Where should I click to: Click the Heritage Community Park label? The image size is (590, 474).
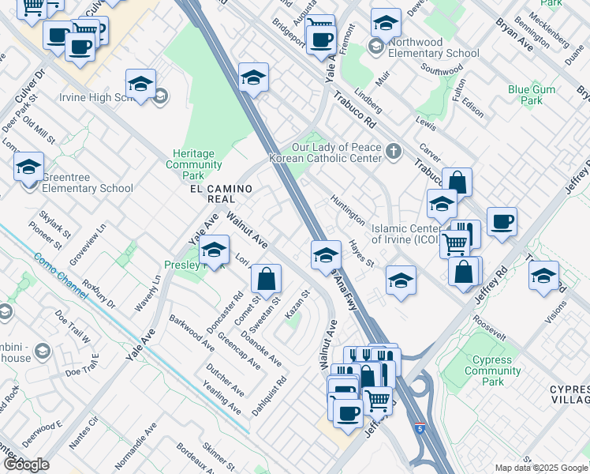[x=204, y=164]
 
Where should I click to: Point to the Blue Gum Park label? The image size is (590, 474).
[x=525, y=95]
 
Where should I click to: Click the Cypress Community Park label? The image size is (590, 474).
[x=494, y=371]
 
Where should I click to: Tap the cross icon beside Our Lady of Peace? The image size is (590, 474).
[x=394, y=152]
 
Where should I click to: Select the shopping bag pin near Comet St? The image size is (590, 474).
[x=267, y=278]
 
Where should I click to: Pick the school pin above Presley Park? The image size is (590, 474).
[x=213, y=251]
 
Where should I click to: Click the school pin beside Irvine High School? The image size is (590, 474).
[x=140, y=84]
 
